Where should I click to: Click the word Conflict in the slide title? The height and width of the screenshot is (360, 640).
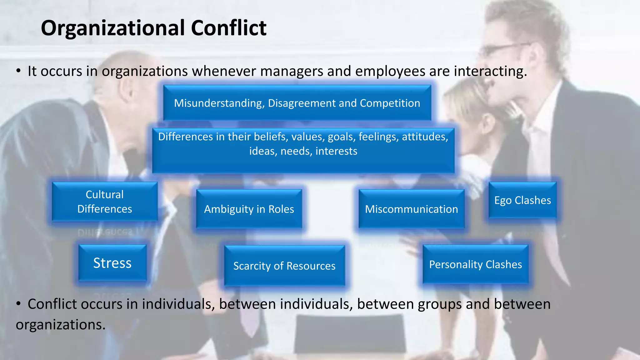[x=228, y=28]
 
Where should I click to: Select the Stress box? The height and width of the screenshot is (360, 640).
[x=112, y=263]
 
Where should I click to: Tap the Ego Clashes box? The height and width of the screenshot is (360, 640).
[x=522, y=200]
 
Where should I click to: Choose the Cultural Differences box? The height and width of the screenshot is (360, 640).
[x=105, y=202]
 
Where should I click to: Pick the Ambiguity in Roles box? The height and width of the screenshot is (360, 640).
[x=249, y=209]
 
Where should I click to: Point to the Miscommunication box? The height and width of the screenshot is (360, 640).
[x=412, y=209]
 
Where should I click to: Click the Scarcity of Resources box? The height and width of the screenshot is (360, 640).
[x=284, y=266]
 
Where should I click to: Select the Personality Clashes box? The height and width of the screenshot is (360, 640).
[x=475, y=264]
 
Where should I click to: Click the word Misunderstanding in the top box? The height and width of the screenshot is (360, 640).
[x=219, y=103]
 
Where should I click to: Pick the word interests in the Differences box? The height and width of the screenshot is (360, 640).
[x=336, y=151]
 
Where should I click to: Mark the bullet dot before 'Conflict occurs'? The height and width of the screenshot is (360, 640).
[x=19, y=303]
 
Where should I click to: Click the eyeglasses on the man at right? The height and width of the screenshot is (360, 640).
[x=503, y=48]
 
